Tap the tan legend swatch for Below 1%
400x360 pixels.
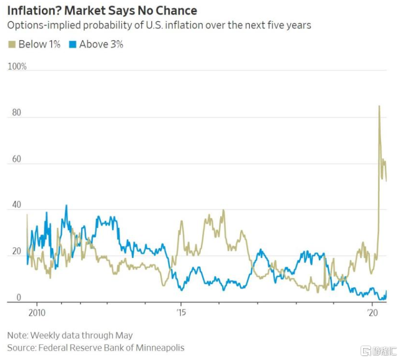pos(12,44)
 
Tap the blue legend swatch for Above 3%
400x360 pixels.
pos(73,44)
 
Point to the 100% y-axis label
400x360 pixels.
pos(17,67)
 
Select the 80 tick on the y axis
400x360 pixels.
pos(16,113)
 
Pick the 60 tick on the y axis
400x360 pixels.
pos(16,159)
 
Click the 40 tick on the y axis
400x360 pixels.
pos(16,205)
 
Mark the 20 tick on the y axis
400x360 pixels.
pos(16,252)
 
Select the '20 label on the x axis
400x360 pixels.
pos(371,311)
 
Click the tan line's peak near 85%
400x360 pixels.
pos(379,106)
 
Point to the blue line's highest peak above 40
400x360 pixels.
pos(66,206)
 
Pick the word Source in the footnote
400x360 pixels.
pos(20,348)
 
